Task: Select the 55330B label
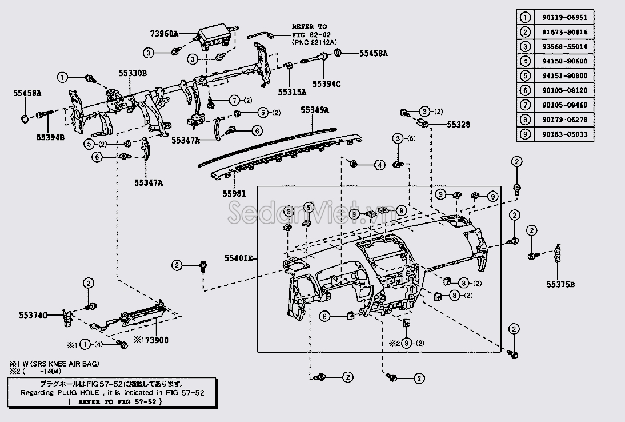pyautogui.click(x=133, y=74)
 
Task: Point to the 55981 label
pyautogui.click(x=234, y=194)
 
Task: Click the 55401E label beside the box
pyautogui.click(x=239, y=258)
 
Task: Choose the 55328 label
pyautogui.click(x=459, y=124)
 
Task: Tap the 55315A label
pyautogui.click(x=292, y=91)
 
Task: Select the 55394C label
pyautogui.click(x=326, y=84)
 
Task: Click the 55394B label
pyautogui.click(x=51, y=137)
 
